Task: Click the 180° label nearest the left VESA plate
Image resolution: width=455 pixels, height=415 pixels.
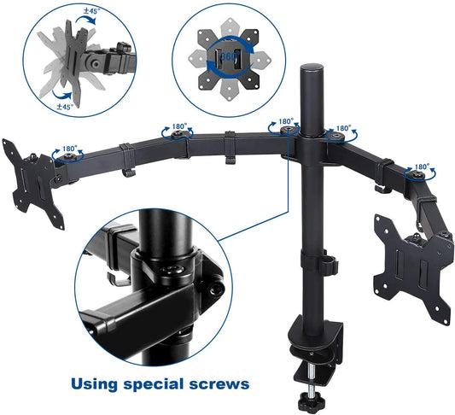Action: point(68,148)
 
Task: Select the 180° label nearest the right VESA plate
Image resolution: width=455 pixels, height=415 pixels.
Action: point(422,167)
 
